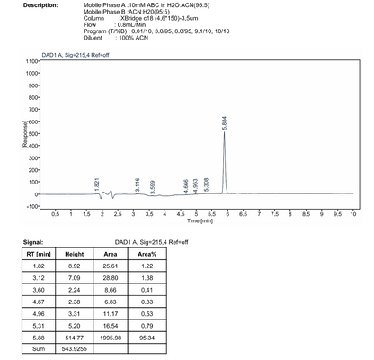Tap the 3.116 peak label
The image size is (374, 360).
click(137, 186)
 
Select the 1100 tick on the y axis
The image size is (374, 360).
click(31, 61)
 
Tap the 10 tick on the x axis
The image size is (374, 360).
click(353, 213)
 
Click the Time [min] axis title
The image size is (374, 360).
click(200, 220)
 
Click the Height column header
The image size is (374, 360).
click(75, 255)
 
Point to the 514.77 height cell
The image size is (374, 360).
click(75, 331)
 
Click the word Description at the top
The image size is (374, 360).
click(39, 5)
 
